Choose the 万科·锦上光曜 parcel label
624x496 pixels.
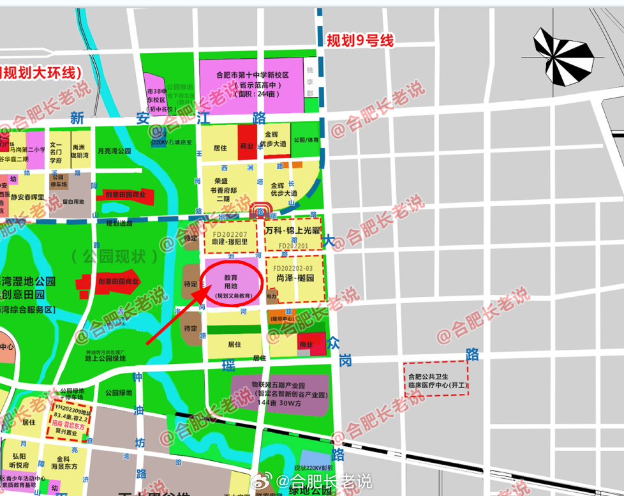click(x=293, y=230)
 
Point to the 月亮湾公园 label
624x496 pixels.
click(x=114, y=151)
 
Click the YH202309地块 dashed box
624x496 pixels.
click(x=71, y=421)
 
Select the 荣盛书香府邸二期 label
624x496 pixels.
click(x=224, y=189)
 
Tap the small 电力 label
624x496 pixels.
click(x=271, y=297)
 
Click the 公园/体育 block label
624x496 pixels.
click(x=306, y=140)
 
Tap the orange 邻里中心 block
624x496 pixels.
click(x=281, y=317)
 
